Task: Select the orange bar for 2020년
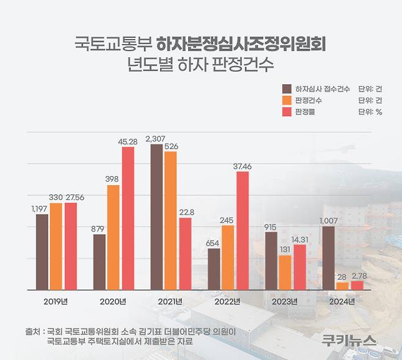pos(114,237)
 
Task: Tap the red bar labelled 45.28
pos(128,218)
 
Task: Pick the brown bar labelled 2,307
pos(156,217)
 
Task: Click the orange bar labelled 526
pos(170,221)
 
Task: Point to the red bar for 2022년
pos(242,230)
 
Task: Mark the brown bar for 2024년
pos(328,258)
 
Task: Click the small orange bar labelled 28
pos(343,285)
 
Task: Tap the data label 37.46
pos(242,166)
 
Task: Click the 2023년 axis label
pos(285,301)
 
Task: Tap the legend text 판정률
pos(306,112)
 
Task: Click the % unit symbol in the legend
pos(379,112)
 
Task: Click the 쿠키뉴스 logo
pos(349,340)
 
